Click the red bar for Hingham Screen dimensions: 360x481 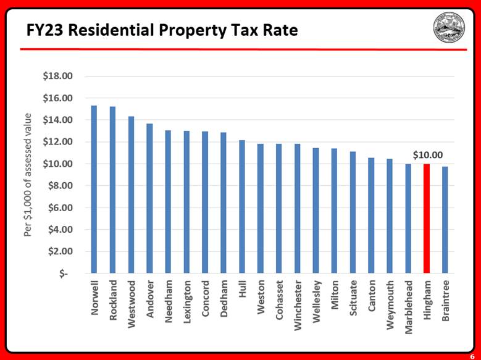tap(427, 218)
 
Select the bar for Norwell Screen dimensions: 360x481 tap(94, 189)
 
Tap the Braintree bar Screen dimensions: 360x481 tap(445, 219)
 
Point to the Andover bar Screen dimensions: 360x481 tap(149, 198)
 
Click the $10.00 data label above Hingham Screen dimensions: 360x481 tap(427, 154)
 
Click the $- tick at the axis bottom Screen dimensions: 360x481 tap(64, 274)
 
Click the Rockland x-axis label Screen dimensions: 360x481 tap(113, 299)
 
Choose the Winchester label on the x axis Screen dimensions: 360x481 tap(298, 306)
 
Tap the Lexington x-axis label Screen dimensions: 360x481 tap(187, 303)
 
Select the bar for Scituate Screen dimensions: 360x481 tap(353, 212)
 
